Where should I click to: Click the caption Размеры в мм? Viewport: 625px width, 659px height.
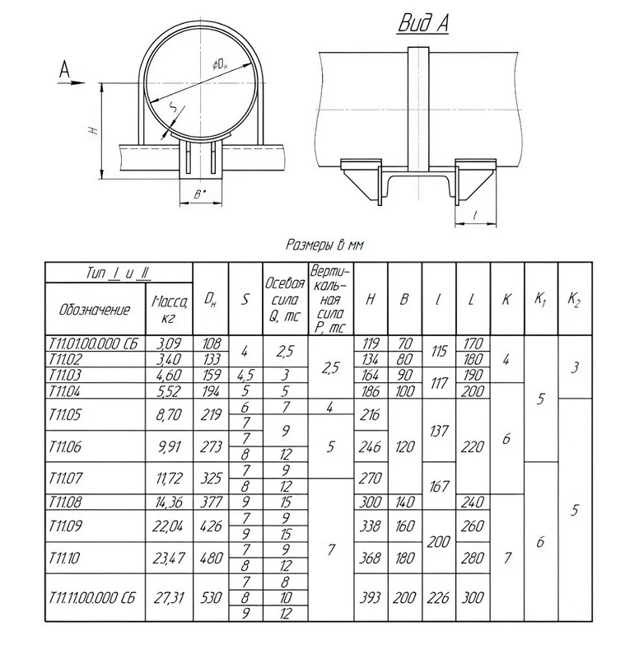point(324,245)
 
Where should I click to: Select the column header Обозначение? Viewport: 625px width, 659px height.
point(96,310)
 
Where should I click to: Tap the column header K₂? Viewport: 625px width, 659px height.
point(573,299)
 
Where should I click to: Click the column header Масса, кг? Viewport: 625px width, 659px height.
point(169,308)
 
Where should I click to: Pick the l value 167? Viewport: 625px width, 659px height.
point(438,486)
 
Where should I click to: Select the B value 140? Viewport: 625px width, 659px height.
point(404,502)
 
